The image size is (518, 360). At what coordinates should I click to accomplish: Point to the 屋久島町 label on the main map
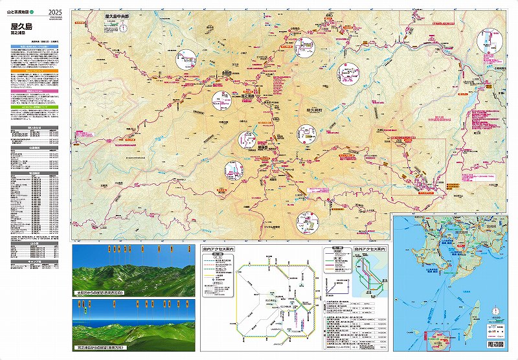coord(314,111)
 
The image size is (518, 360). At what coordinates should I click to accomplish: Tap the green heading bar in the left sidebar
coord(33,106)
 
